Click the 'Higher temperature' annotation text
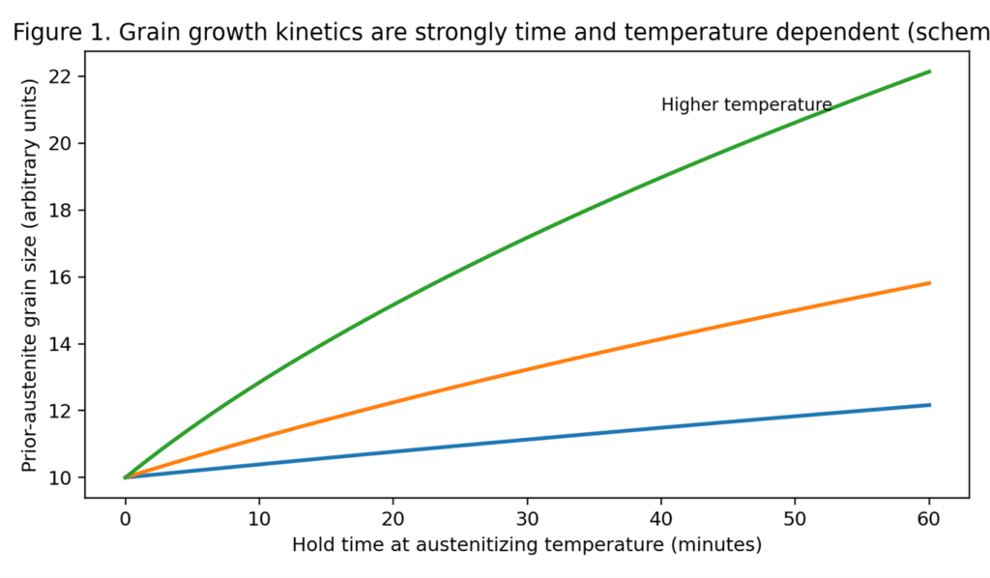(745, 104)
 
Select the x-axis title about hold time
(527, 545)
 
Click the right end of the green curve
(929, 72)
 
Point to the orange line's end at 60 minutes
(929, 283)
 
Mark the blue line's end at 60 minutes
(929, 405)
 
